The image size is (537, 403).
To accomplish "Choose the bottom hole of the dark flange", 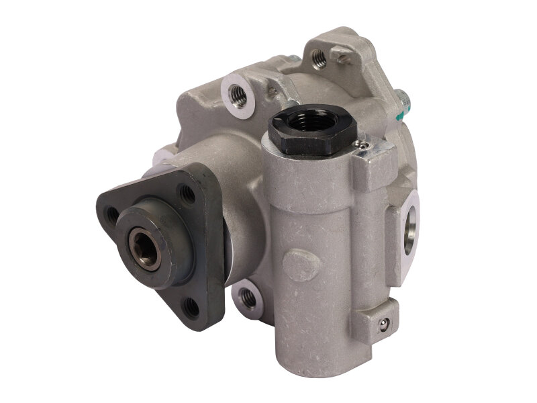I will click(x=192, y=308).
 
